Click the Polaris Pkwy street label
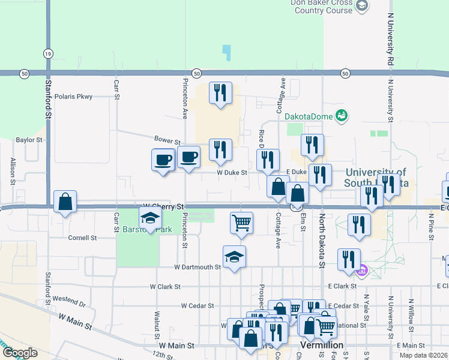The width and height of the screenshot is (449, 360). [73, 96]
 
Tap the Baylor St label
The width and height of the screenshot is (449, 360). [29, 140]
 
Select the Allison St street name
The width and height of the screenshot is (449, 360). [12, 170]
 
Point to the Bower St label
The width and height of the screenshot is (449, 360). [167, 140]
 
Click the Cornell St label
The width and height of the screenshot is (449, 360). [82, 238]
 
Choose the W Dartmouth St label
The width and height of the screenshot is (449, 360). [197, 267]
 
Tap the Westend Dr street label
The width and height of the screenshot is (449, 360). [69, 299]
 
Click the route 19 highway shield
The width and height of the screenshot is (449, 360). [47, 53]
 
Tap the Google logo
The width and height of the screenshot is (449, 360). [19, 352]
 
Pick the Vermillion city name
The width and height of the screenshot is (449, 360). [321, 346]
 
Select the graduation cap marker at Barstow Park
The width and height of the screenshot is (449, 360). [150, 217]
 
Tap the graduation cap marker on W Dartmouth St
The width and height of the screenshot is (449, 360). [234, 257]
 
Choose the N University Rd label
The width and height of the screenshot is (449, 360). [390, 39]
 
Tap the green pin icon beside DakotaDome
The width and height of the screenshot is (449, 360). [342, 115]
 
